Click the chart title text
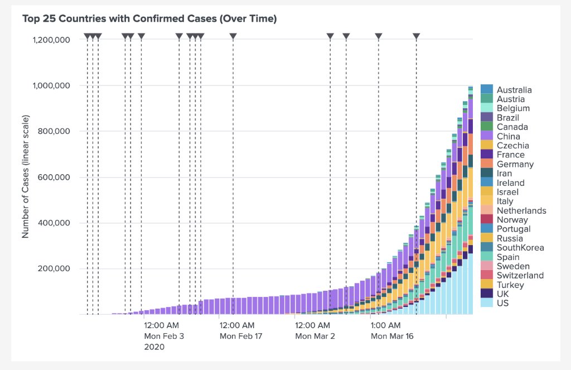click(x=149, y=19)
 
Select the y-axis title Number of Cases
click(x=26, y=177)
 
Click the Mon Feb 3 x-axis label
click(x=164, y=336)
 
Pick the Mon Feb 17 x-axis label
click(x=240, y=336)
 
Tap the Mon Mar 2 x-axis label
click(x=316, y=336)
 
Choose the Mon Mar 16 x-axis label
click(x=392, y=336)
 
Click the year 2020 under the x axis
click(x=154, y=347)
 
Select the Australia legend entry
click(x=514, y=90)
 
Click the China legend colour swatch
click(x=487, y=136)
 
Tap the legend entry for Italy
click(x=505, y=201)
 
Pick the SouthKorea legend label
click(x=520, y=248)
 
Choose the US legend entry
click(x=502, y=303)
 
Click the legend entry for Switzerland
click(x=520, y=275)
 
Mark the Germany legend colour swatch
click(x=487, y=164)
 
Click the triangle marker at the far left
click(x=87, y=36)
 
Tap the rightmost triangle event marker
click(x=416, y=36)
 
